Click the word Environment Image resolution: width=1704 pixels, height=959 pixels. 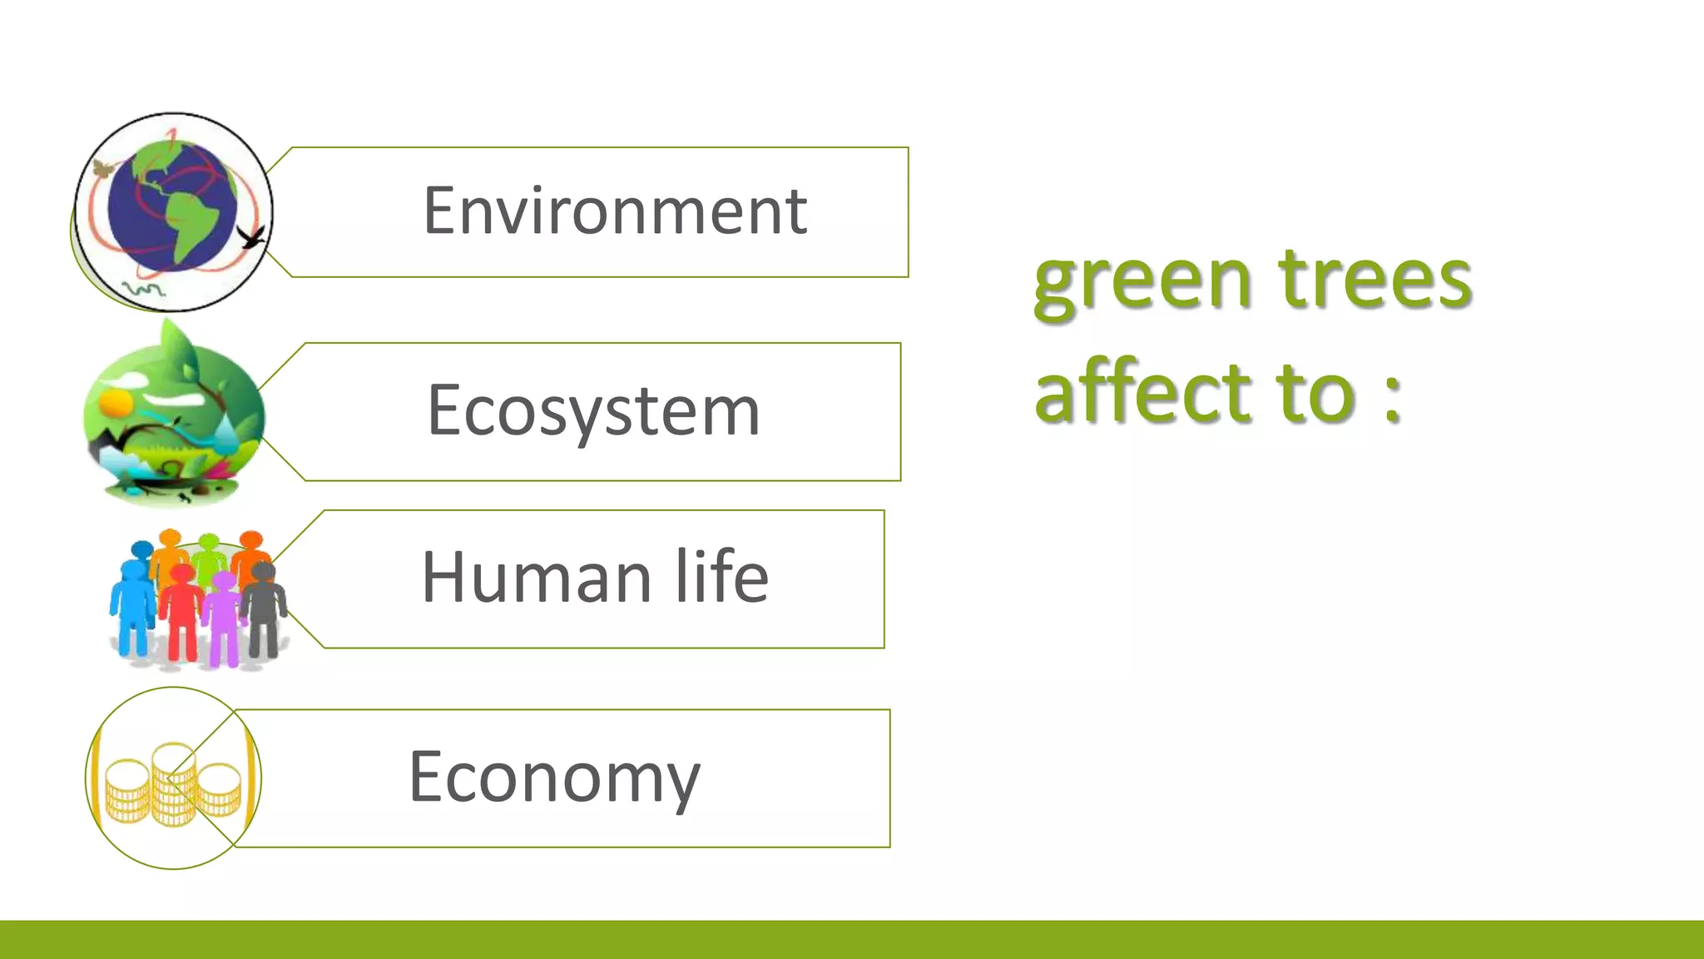[x=615, y=211]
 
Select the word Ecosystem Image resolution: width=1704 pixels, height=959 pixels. [x=593, y=410]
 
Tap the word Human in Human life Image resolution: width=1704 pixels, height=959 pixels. [x=536, y=577]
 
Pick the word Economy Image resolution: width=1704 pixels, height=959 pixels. [x=554, y=777]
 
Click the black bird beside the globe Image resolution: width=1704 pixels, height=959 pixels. [x=253, y=236]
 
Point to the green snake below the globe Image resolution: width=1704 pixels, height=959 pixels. [x=143, y=289]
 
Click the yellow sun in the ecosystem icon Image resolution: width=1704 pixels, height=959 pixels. [x=116, y=404]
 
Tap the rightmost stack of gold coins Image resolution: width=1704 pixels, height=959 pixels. [x=220, y=789]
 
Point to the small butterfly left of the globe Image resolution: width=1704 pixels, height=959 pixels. [x=103, y=170]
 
